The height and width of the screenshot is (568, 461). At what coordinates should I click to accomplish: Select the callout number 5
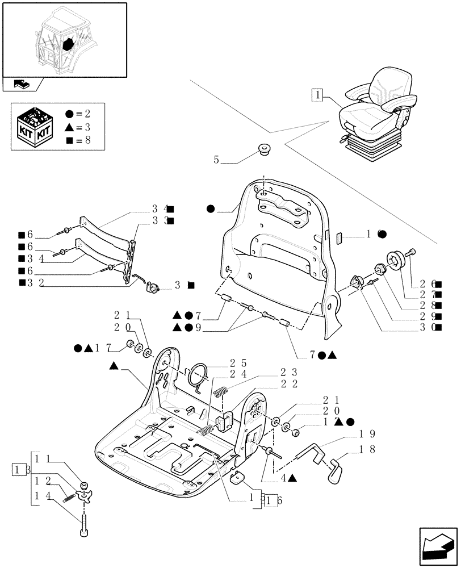point(216,160)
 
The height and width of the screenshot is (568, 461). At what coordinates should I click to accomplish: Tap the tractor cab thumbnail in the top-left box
point(64,39)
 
